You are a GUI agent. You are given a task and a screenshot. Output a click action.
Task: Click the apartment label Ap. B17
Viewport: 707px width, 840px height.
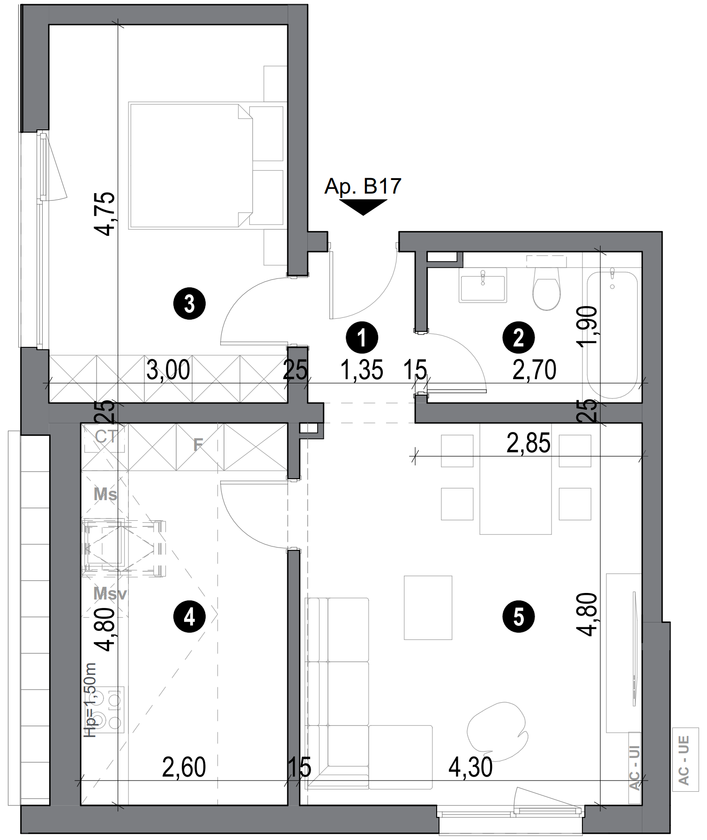click(363, 187)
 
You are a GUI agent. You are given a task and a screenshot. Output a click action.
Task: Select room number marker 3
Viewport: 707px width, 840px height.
click(189, 304)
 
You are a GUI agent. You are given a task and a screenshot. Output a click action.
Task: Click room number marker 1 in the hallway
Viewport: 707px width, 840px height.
click(362, 337)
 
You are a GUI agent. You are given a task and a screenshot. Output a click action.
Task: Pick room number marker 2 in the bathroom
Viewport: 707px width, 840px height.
click(519, 337)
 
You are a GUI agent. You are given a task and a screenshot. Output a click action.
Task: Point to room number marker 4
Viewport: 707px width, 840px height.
click(189, 617)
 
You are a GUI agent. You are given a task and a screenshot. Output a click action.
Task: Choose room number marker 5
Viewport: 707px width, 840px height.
click(519, 617)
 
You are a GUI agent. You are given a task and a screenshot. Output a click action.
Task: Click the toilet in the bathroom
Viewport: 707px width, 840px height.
click(547, 290)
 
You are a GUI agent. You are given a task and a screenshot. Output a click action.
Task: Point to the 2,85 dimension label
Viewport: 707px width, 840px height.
click(528, 443)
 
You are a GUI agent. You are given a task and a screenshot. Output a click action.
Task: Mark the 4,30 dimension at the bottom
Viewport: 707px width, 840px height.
click(470, 767)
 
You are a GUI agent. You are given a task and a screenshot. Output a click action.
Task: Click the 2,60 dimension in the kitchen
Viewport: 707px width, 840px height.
click(184, 767)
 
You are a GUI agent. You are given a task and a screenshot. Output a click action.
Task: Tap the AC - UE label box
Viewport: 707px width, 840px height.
click(685, 760)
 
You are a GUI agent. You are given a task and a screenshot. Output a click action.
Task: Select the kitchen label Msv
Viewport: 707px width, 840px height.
click(110, 594)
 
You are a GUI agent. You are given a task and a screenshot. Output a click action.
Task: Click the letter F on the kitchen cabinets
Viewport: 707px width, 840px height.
click(198, 444)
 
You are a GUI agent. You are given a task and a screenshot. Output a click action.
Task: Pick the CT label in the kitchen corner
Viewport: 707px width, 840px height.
click(105, 436)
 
